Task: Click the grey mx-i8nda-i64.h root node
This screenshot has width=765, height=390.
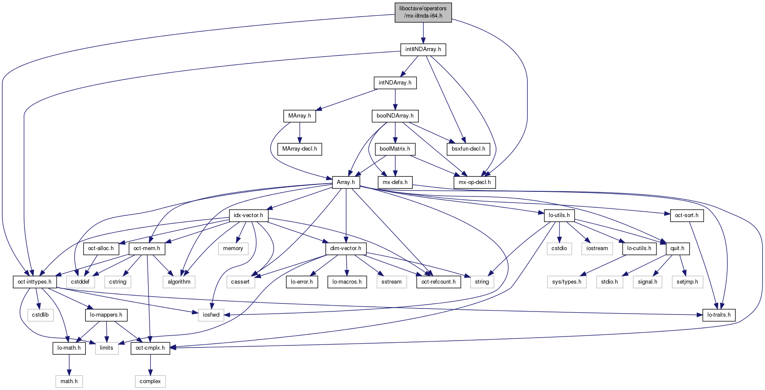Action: coord(423,12)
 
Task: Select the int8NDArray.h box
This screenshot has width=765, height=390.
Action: coord(423,49)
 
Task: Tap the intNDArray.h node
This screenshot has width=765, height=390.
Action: coord(395,82)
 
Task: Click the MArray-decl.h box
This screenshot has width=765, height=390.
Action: coord(299,149)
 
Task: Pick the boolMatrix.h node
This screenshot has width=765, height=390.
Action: coord(395,149)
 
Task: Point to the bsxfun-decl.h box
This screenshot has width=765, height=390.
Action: coord(468,149)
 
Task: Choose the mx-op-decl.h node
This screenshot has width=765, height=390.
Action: coord(475,182)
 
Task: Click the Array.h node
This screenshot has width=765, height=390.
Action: coord(346,182)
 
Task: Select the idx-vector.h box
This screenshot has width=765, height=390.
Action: coord(248,215)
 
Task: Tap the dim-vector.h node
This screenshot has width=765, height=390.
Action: coord(345,248)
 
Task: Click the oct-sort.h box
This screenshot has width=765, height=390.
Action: coord(686,215)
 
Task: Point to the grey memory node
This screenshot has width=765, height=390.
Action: coord(233,248)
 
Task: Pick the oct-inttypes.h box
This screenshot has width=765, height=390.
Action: coord(34,282)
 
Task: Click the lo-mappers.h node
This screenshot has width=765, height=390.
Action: coord(106,315)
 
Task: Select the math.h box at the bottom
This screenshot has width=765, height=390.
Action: coord(69,381)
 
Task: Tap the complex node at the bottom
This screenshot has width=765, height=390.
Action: coord(150,381)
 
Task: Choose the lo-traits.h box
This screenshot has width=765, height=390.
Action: coord(719,315)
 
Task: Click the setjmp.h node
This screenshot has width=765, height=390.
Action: coord(687,282)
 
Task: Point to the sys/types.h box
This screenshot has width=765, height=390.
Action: coord(567,282)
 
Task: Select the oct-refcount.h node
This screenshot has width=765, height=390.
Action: coord(438,282)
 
